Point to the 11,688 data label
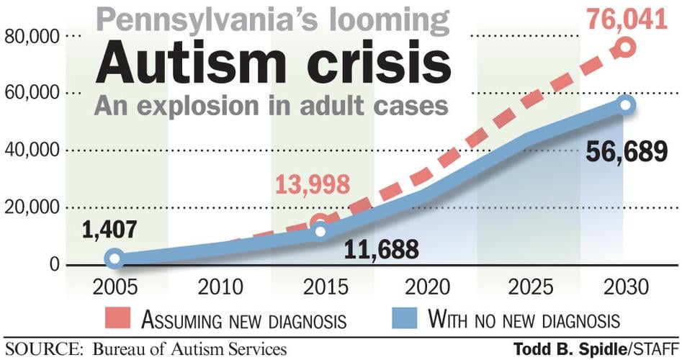coord(381,250)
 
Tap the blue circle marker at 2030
coord(625,105)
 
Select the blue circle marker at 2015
coord(320,231)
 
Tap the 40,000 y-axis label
coord(31,150)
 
